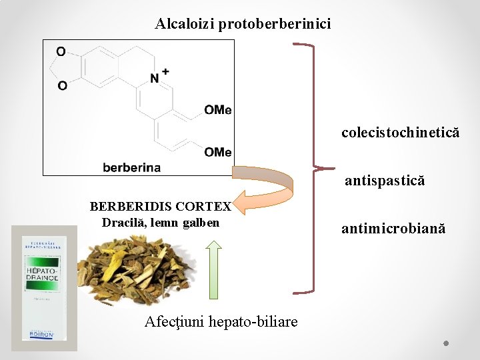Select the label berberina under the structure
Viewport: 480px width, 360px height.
point(131,167)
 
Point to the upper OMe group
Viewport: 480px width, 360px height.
point(217,110)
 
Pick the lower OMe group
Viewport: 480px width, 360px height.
point(217,153)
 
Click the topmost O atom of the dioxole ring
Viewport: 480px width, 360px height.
point(61,51)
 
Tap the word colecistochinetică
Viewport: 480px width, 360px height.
point(400,133)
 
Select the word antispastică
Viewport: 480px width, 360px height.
point(385,181)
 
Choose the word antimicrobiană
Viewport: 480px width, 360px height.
point(393,229)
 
